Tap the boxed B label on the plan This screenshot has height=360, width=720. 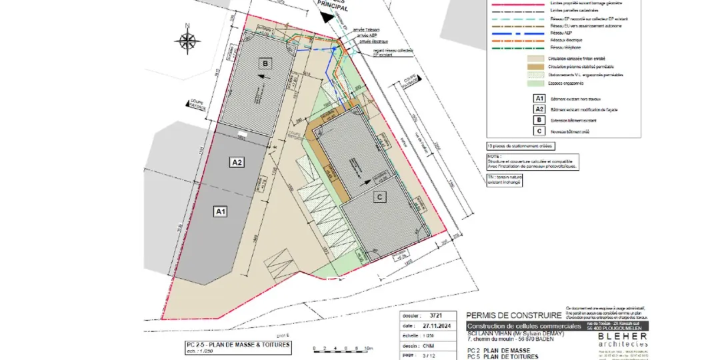click(266, 63)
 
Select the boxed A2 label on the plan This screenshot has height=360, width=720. click(237, 162)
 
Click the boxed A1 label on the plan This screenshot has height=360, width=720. click(220, 211)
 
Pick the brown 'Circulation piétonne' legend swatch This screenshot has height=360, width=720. click(537, 67)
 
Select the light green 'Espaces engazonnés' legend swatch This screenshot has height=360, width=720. click(537, 83)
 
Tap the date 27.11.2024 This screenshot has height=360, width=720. click(436, 325)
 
